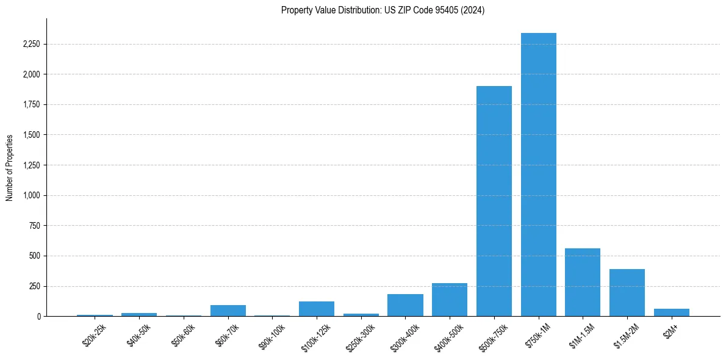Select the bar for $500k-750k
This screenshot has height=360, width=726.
[x=494, y=201]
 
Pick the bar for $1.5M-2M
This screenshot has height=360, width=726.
[x=627, y=293]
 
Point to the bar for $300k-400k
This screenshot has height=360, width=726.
[x=405, y=305]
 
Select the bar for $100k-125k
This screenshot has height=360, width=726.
[x=317, y=309]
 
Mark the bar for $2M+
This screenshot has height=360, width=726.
[x=671, y=312]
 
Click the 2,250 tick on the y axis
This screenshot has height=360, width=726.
[x=30, y=45]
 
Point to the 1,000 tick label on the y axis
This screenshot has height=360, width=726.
[x=30, y=196]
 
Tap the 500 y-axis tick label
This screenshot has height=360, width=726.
[x=35, y=256]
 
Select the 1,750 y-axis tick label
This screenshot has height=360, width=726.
[x=30, y=105]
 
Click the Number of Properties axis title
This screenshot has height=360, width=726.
[x=10, y=168]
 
